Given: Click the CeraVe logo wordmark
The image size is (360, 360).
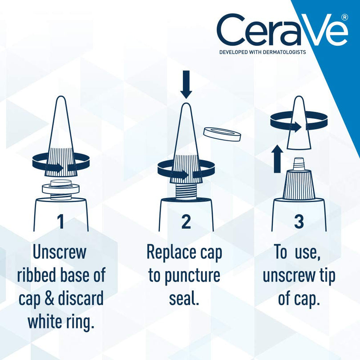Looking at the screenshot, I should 281,30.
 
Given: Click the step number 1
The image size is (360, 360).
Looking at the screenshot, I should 61,221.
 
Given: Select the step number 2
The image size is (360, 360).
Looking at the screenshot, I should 186,221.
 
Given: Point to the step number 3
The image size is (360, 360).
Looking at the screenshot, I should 299,221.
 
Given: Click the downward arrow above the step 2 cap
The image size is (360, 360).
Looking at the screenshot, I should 186,86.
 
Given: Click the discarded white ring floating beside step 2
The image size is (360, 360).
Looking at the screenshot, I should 218,133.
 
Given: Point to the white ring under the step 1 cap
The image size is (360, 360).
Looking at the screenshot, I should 61,189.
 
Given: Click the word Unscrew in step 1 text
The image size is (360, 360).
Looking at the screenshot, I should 60,252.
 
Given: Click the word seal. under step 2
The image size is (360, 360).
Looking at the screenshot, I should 183,298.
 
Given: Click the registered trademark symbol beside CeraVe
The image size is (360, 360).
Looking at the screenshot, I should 344,17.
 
